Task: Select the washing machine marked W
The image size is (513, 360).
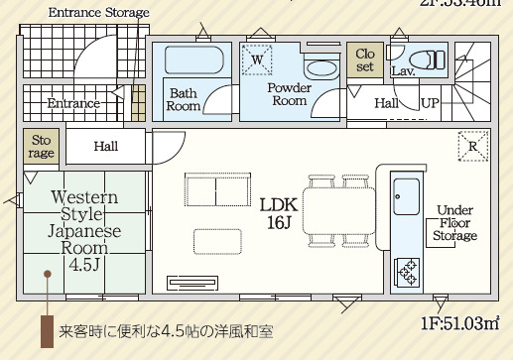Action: point(256,60)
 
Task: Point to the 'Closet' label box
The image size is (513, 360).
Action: point(365,60)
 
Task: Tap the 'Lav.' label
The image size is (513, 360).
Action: point(402,71)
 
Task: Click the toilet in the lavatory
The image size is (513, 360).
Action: point(434,60)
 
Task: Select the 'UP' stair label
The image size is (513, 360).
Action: point(431,103)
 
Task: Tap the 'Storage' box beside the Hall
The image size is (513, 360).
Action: point(42,147)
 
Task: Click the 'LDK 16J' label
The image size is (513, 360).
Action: point(279,212)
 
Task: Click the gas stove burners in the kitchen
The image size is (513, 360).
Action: point(407,269)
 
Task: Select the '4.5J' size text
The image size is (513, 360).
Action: point(84,265)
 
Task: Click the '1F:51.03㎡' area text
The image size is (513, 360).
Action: point(458,322)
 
